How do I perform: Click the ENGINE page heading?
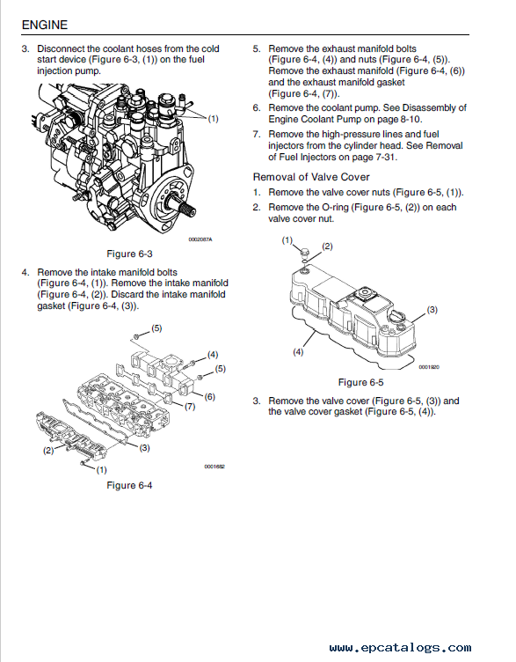point(44,25)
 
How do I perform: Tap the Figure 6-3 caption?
point(129,254)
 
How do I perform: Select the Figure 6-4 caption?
point(129,485)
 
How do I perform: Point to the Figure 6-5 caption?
point(361,382)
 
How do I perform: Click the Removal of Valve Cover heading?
point(311,177)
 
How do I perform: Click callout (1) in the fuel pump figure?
point(214,119)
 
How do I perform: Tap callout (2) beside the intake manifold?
point(48,451)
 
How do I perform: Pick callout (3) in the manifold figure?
point(144,448)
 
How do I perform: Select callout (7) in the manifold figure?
point(190,407)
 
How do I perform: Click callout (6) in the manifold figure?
point(209,396)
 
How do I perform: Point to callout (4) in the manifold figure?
point(213,355)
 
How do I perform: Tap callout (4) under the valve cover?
point(298,352)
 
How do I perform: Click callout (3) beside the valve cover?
point(432,310)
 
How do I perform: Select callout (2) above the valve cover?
point(327,246)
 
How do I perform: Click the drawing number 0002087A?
point(200,239)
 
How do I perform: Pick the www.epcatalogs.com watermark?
point(400,648)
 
